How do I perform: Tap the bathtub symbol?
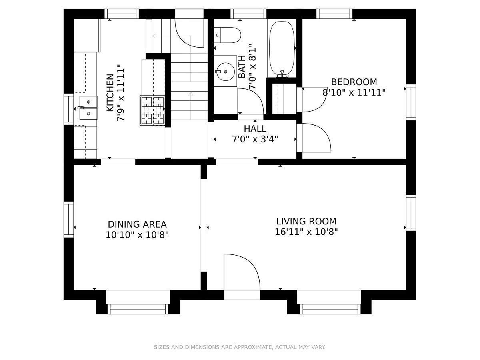[282, 49]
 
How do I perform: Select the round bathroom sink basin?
[225, 71]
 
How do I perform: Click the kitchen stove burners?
[152, 110]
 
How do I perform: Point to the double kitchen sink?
[88, 108]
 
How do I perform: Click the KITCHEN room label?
[110, 93]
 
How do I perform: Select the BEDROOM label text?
[354, 82]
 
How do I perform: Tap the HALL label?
[255, 129]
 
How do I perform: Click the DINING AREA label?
[137, 224]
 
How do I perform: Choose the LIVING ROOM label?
[306, 222]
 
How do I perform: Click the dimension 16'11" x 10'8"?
[306, 232]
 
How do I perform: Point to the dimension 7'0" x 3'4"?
[255, 139]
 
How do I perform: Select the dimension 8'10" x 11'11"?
[354, 92]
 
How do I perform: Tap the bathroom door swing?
[251, 101]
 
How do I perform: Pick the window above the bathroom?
[249, 14]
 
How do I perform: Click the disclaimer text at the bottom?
[240, 347]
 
